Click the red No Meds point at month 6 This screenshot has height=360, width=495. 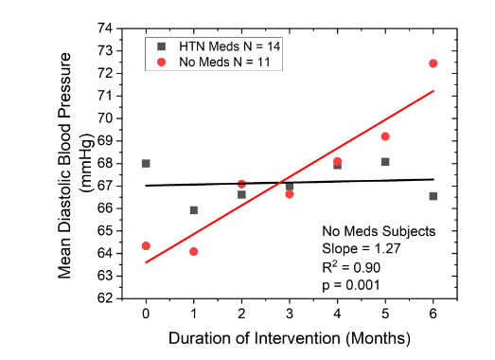tap(433, 63)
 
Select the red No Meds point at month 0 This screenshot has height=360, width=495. tap(146, 245)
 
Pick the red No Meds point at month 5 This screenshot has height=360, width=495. tap(385, 136)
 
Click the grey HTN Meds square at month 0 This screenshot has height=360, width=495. tap(146, 163)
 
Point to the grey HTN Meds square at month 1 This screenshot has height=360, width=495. tap(194, 210)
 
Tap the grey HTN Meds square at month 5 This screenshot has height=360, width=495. tap(385, 162)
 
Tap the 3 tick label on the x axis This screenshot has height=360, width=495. tap(290, 314)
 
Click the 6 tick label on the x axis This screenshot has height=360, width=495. tap(433, 314)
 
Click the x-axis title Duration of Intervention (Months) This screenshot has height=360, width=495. tap(289, 337)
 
